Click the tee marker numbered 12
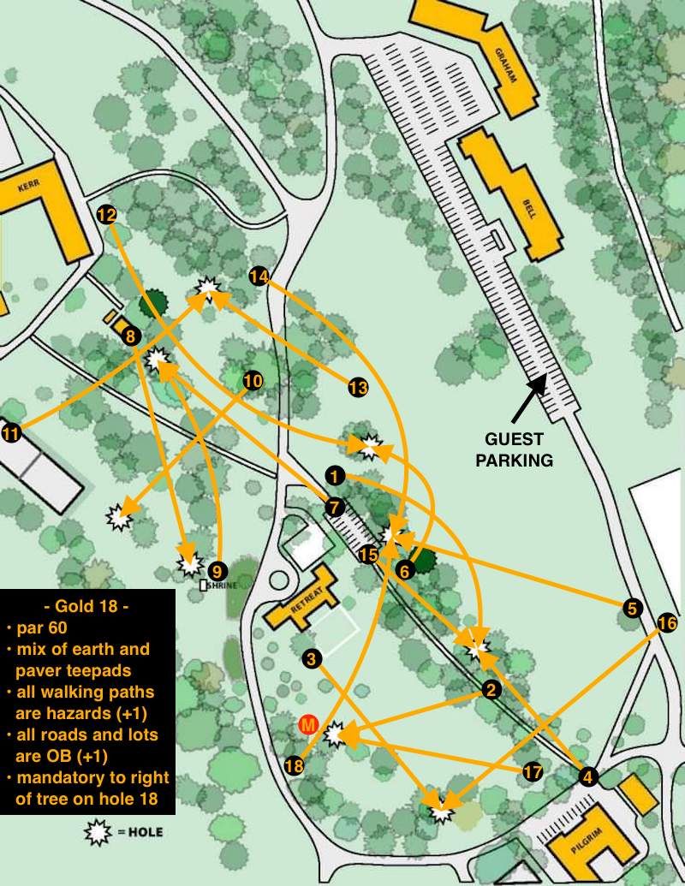[107, 215]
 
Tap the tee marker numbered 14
[259, 276]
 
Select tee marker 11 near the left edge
[11, 434]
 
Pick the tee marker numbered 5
[631, 609]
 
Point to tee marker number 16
[666, 623]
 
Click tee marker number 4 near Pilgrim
[587, 776]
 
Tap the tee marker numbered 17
[533, 772]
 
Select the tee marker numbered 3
[312, 658]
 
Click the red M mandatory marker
[308, 725]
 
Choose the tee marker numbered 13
[358, 388]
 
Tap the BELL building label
[530, 206]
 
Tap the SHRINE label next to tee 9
[220, 586]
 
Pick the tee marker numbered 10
[253, 381]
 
